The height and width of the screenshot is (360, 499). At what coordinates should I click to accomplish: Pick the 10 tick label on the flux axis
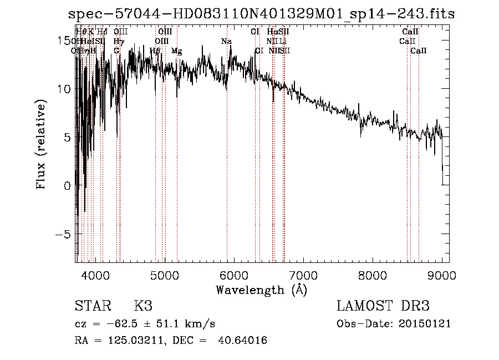coord(64,89)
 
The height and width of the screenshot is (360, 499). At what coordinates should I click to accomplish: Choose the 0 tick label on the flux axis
coord(67,185)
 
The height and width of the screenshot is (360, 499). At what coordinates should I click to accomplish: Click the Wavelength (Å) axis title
coord(261,290)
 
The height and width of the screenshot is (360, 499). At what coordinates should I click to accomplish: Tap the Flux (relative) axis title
coord(42,145)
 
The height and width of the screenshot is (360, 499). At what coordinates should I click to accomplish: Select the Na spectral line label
coord(226,42)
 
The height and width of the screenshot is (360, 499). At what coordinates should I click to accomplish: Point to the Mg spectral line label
coord(176,51)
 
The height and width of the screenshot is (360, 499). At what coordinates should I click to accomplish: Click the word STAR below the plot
coord(92,306)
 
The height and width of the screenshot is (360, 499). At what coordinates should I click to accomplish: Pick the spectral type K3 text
coord(143,306)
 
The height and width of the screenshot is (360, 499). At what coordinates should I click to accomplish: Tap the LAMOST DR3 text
coord(383,306)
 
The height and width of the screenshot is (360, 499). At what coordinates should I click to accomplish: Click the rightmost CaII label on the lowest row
coord(419,51)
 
